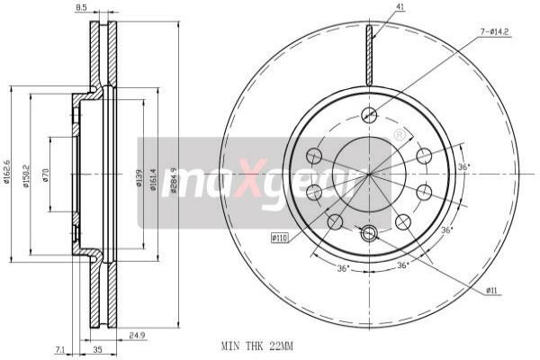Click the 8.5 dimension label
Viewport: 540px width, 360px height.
(81, 8)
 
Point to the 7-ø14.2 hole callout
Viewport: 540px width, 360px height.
(496, 33)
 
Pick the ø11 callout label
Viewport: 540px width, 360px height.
(493, 290)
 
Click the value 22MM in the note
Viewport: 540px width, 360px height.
(283, 344)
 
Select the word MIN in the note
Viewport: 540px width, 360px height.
(231, 344)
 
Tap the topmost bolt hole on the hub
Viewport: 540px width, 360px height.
(368, 114)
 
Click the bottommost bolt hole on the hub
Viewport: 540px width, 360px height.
(367, 233)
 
